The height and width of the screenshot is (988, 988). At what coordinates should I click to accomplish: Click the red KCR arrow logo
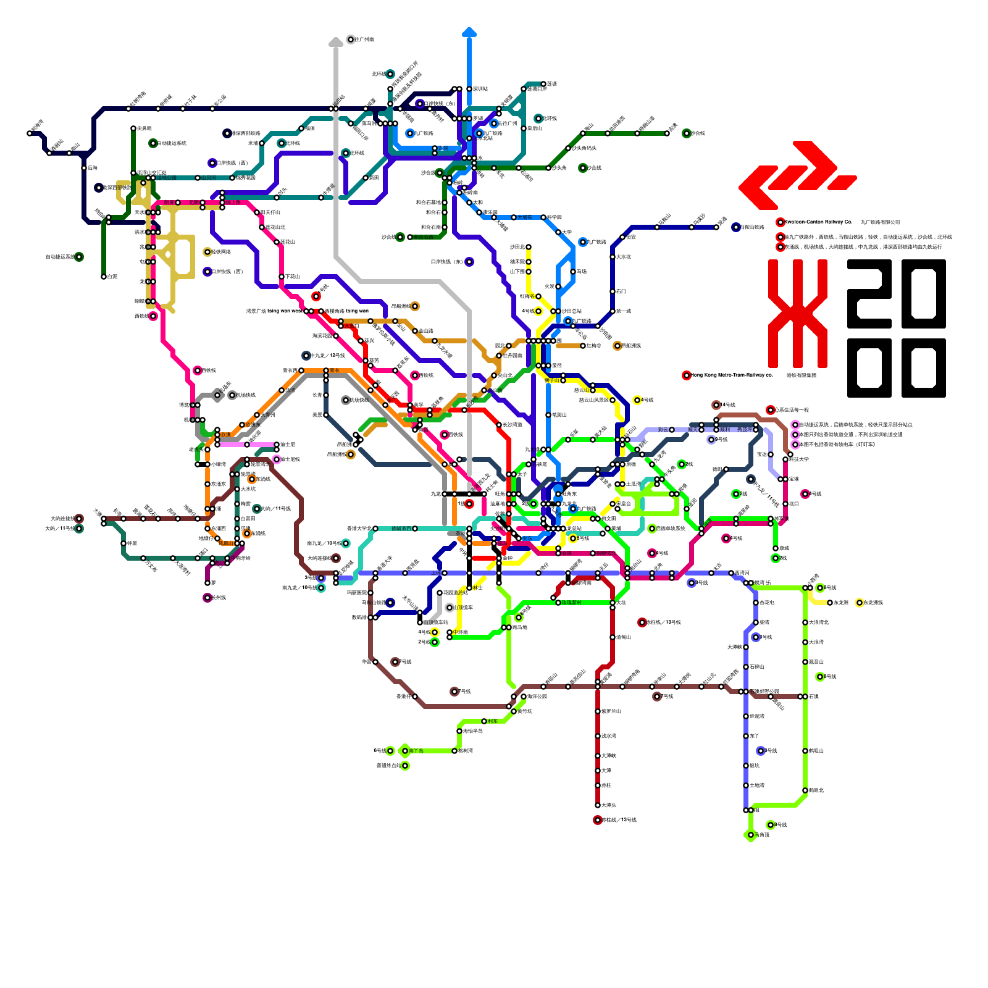click(797, 175)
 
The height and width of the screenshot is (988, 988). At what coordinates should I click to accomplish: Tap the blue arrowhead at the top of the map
click(469, 31)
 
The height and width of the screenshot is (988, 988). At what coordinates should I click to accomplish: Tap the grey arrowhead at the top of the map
click(336, 41)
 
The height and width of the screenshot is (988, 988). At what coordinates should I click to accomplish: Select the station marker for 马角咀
click(751, 835)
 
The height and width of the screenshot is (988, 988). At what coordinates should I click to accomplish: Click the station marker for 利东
click(484, 721)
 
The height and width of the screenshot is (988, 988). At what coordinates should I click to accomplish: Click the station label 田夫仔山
click(271, 212)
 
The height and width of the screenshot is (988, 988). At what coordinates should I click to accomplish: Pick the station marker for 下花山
click(282, 277)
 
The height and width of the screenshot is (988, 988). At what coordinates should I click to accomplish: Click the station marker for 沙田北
click(529, 247)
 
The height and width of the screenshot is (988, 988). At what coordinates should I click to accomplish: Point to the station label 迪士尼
click(288, 445)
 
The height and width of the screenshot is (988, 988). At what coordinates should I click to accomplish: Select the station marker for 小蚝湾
click(207, 464)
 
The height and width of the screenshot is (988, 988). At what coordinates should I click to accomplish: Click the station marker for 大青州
click(257, 415)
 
